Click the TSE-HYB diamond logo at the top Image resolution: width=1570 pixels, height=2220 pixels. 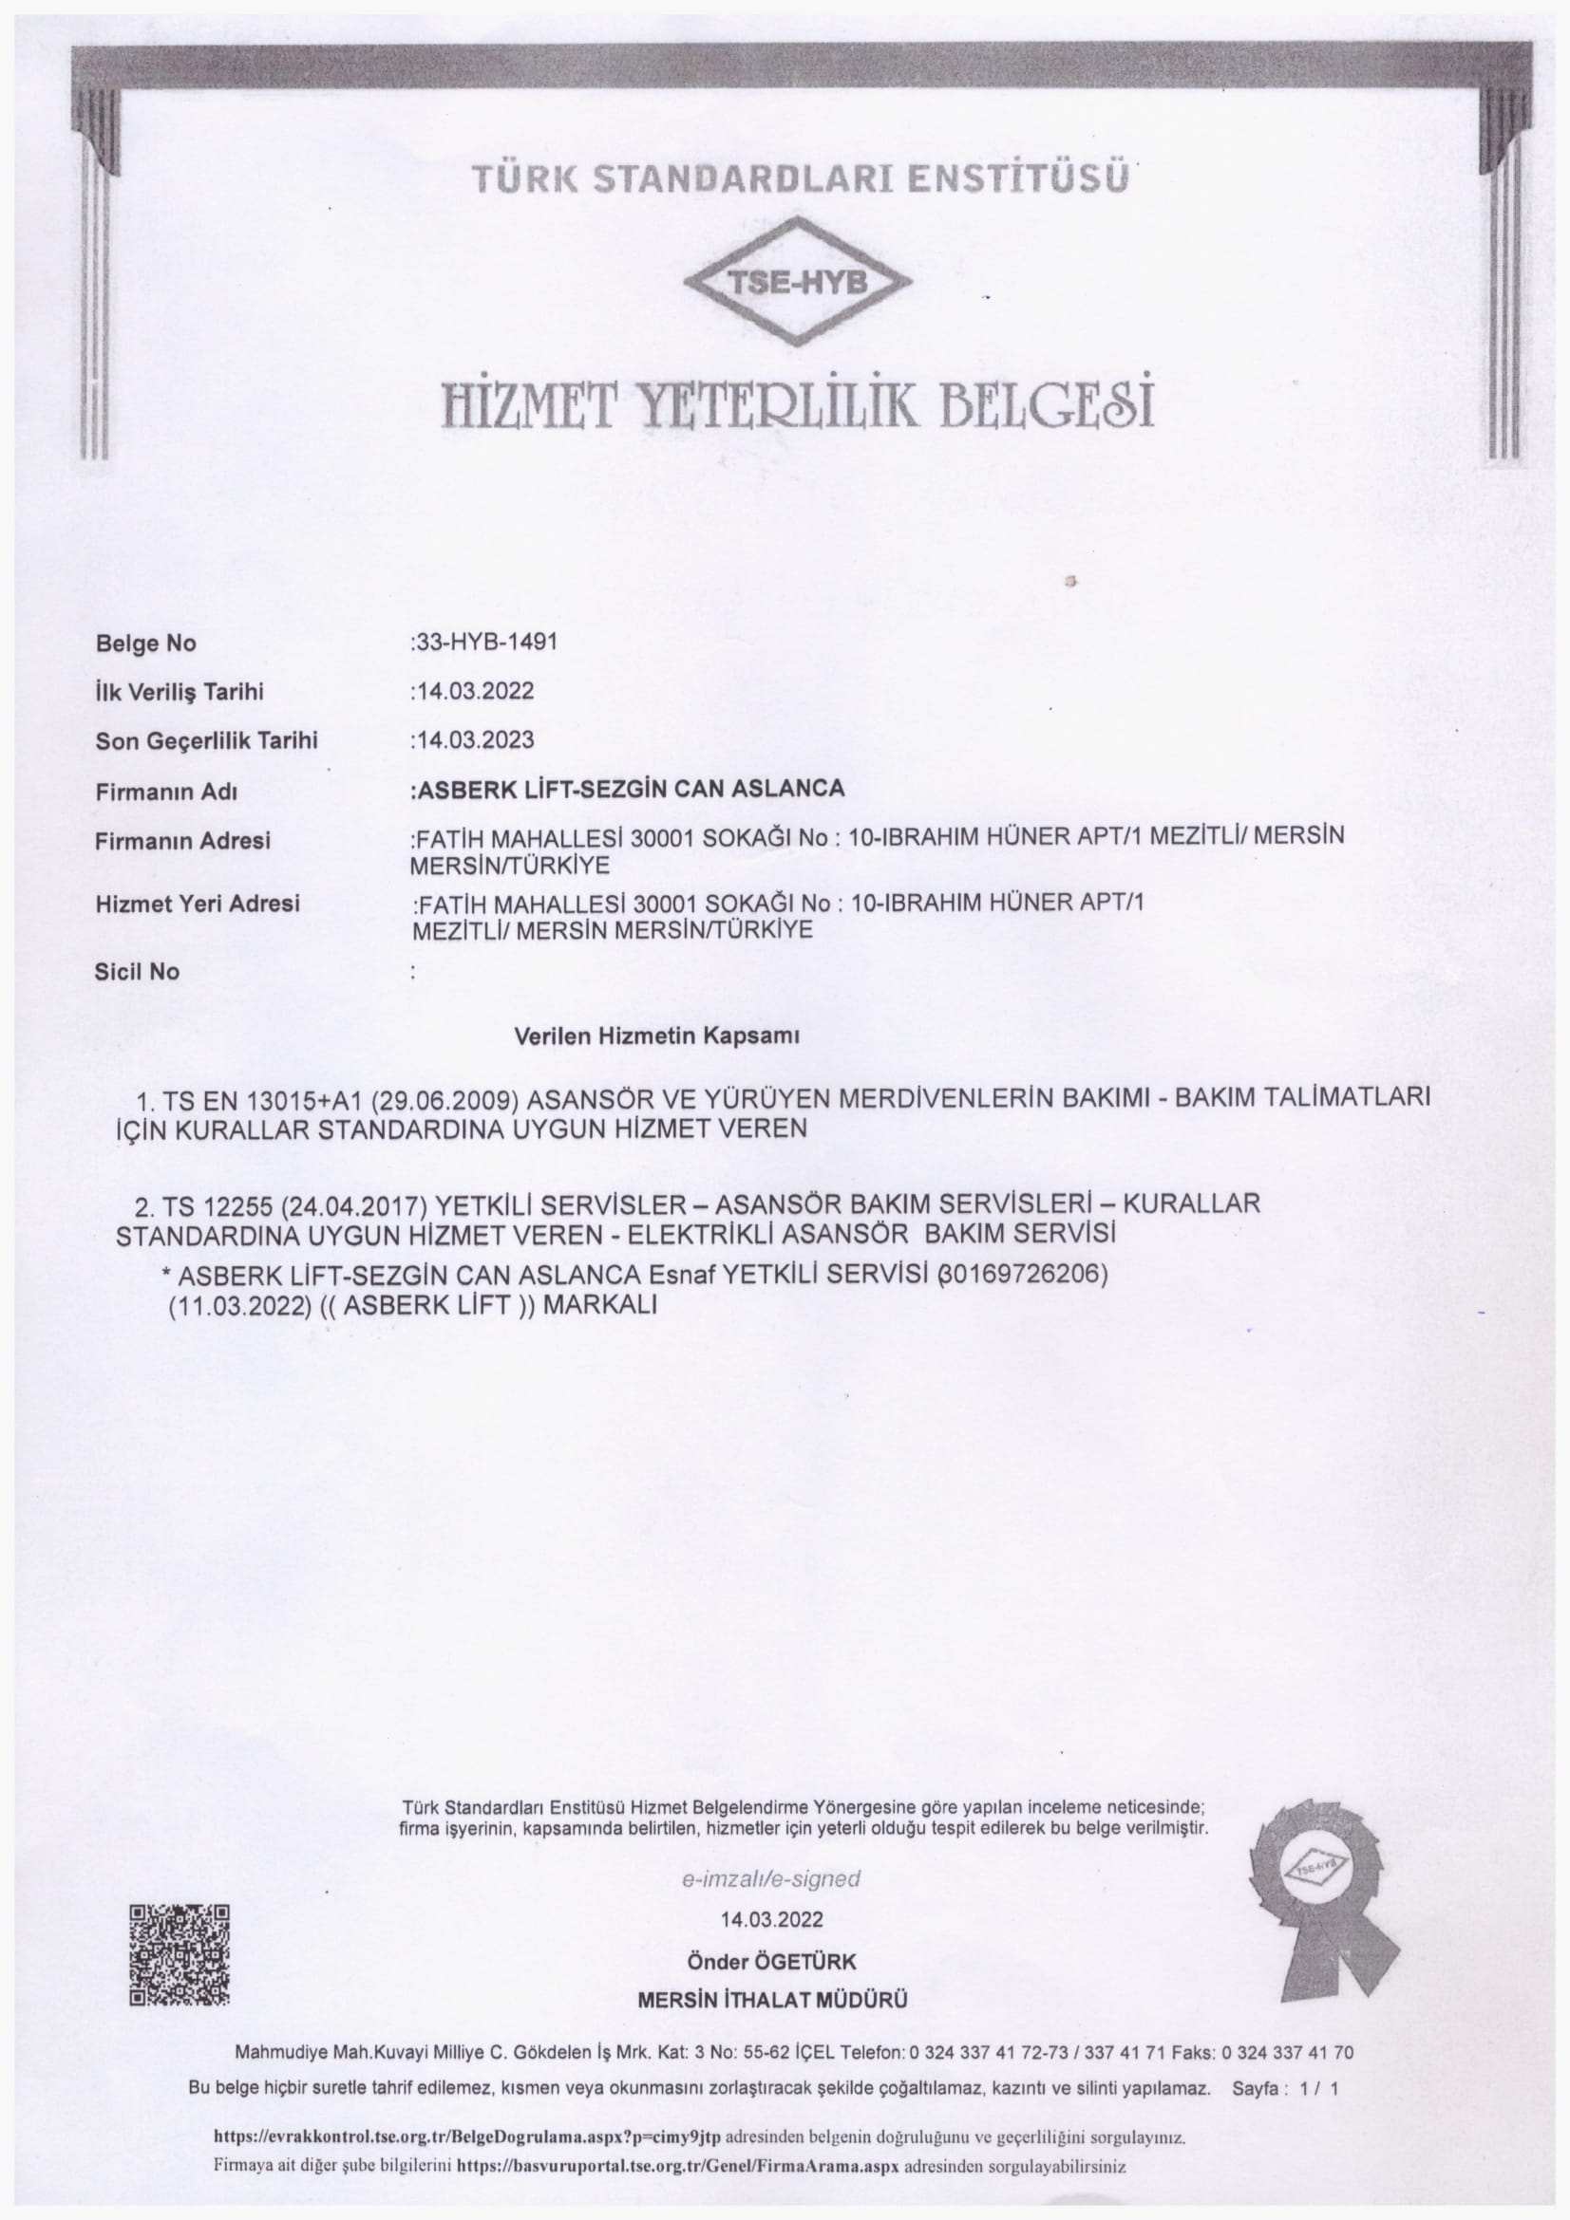coord(797,281)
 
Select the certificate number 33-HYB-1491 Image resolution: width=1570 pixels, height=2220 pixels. coord(485,642)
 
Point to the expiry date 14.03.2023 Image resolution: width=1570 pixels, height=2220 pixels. coord(474,739)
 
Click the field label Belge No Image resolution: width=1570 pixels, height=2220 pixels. coord(145,643)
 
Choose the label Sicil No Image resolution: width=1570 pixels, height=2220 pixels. coord(137,972)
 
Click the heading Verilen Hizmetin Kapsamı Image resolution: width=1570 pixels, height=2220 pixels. coord(656,1036)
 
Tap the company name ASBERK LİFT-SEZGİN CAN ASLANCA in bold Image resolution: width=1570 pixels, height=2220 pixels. coord(629,789)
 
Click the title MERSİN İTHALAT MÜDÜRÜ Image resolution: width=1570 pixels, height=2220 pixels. coord(772,2001)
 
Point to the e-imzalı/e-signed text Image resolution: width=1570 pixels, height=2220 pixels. coord(771,1878)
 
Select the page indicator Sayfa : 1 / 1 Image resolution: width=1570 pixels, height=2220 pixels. coord(1285,2088)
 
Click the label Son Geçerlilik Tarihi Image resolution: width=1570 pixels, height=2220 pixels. coord(206,740)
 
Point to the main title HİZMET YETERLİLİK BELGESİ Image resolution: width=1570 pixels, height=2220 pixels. coord(797,405)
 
